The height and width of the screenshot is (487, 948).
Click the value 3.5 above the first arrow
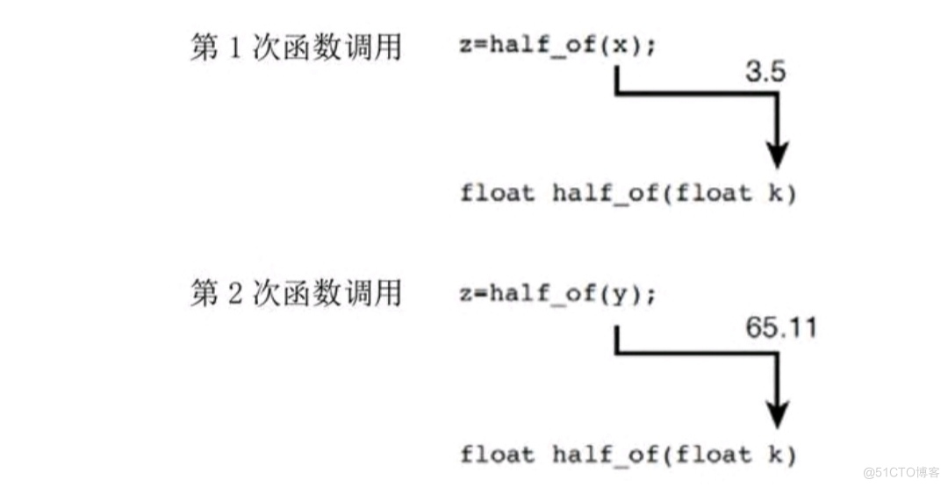(x=765, y=74)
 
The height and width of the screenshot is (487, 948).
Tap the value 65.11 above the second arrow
(x=780, y=327)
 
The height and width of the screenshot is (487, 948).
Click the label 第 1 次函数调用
(x=296, y=47)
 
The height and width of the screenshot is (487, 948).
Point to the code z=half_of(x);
(x=557, y=47)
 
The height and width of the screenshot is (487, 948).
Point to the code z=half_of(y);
(x=557, y=293)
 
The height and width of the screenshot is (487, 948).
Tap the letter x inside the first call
(x=621, y=47)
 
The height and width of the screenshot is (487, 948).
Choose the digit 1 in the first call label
(x=234, y=47)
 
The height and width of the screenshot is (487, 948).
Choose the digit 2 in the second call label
(x=234, y=293)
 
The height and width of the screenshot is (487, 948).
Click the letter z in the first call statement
(x=464, y=47)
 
